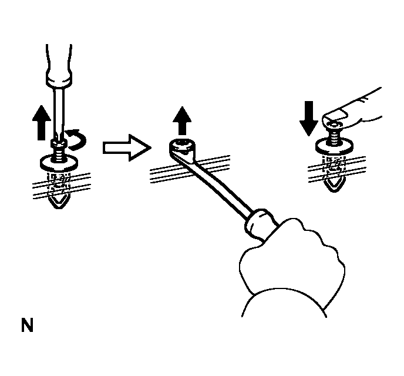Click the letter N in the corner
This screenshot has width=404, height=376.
27,326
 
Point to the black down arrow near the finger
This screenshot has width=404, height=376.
309,120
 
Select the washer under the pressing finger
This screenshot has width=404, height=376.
333,146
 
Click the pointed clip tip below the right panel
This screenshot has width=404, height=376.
334,185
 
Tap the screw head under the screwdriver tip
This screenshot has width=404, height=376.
57,144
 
